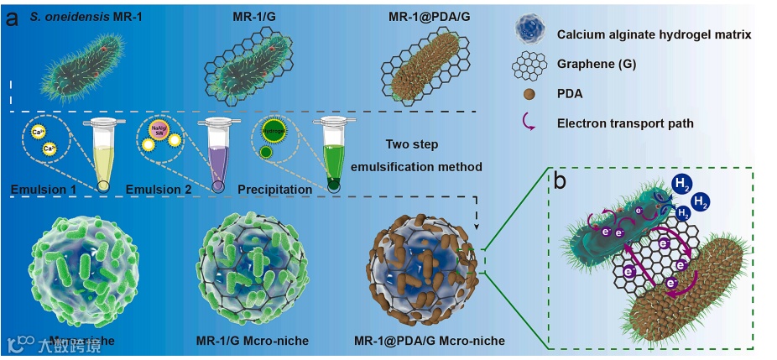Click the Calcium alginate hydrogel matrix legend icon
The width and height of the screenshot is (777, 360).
click(530, 33)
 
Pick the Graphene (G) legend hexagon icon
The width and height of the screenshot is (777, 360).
click(530, 63)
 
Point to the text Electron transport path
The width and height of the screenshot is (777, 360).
click(624, 123)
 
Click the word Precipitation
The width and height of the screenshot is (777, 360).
click(275, 190)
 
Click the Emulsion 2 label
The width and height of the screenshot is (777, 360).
click(159, 190)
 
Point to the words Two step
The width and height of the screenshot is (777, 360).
click(412, 144)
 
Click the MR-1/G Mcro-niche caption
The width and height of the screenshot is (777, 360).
click(251, 342)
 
